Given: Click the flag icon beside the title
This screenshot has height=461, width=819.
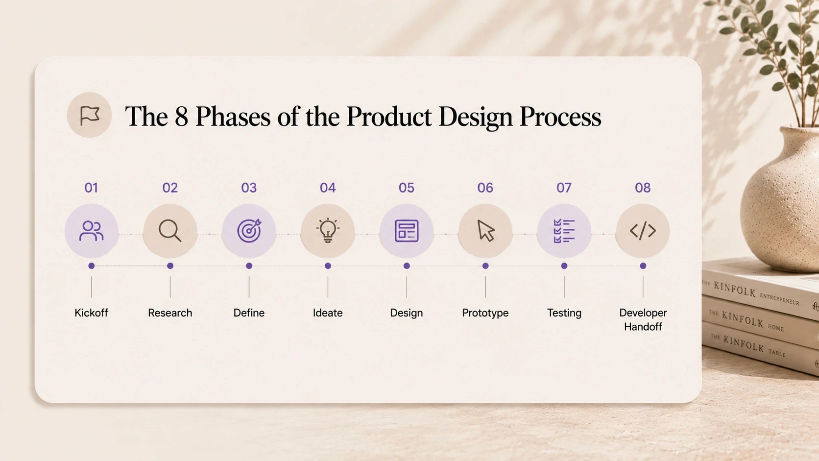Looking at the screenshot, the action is coord(90,116).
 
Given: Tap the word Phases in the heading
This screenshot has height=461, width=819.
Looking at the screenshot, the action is coord(233,117).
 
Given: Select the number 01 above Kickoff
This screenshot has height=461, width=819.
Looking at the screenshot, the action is coord(91,188).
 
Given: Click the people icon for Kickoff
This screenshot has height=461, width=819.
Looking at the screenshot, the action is coord(92,231).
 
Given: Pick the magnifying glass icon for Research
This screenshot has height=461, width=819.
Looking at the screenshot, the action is coord(170,231).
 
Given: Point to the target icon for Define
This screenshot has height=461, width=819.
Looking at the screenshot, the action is coord(249,231).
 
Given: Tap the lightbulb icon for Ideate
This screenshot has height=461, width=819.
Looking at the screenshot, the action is coord(328,230).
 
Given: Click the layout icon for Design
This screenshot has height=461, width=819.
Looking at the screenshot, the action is coord(407,231).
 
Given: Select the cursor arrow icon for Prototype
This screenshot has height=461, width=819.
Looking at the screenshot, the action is coord(486,231).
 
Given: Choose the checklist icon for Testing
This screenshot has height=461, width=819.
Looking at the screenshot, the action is coord(564,231).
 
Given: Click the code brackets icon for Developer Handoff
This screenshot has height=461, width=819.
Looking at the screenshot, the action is coord(643,231).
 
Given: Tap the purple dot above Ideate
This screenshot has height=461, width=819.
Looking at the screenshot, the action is coord(328,266).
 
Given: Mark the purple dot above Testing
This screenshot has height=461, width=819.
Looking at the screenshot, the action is coord(564,266).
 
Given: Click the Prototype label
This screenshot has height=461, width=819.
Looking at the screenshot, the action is coord(485,313).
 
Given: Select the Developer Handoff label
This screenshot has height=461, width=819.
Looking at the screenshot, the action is coord(643,319).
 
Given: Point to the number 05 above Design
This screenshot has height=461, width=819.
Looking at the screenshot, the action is coord(407,188).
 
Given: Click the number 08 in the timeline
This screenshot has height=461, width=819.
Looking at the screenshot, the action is coord(643,188).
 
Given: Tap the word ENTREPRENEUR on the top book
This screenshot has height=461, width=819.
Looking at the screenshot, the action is coord(779,299).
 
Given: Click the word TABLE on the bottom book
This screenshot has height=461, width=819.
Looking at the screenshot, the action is coord(776,352).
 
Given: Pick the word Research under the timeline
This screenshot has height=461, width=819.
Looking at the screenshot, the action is coord(170,313).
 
